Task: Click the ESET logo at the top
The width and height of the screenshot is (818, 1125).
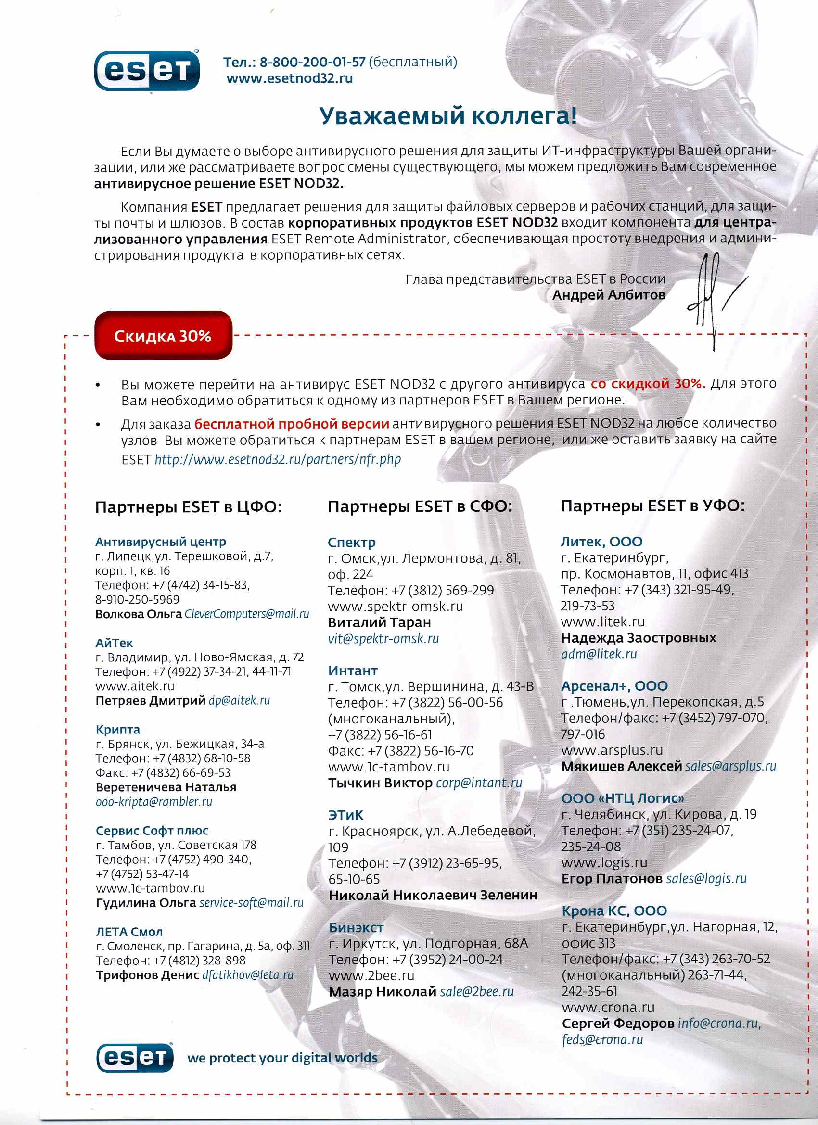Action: coord(147,71)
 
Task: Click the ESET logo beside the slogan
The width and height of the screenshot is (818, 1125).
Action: coord(135,1058)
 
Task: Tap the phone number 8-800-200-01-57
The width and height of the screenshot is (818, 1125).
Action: coord(312,62)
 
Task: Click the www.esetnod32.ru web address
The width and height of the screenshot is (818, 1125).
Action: coord(289,78)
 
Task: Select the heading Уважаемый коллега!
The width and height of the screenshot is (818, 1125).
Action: coord(447,115)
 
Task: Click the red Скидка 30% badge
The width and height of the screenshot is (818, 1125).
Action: coord(163,336)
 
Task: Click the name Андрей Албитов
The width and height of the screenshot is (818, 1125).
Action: coord(609,295)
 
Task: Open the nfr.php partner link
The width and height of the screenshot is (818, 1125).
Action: coord(278,459)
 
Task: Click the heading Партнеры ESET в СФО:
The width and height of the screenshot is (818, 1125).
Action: coord(420,506)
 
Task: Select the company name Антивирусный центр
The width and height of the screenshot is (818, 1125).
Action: coord(160,542)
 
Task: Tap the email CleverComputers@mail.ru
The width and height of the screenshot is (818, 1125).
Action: coord(247,614)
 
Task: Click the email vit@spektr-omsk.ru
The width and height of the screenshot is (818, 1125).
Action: coord(383,638)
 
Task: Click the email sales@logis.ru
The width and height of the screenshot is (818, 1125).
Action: coord(706,878)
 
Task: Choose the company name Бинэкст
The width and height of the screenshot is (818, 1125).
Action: coord(356,928)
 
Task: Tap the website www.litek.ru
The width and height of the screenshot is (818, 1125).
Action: coord(602,622)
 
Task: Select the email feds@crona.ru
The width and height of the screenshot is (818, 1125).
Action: coord(602,1040)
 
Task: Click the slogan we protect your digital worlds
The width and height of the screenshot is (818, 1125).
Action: coord(282,1058)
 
